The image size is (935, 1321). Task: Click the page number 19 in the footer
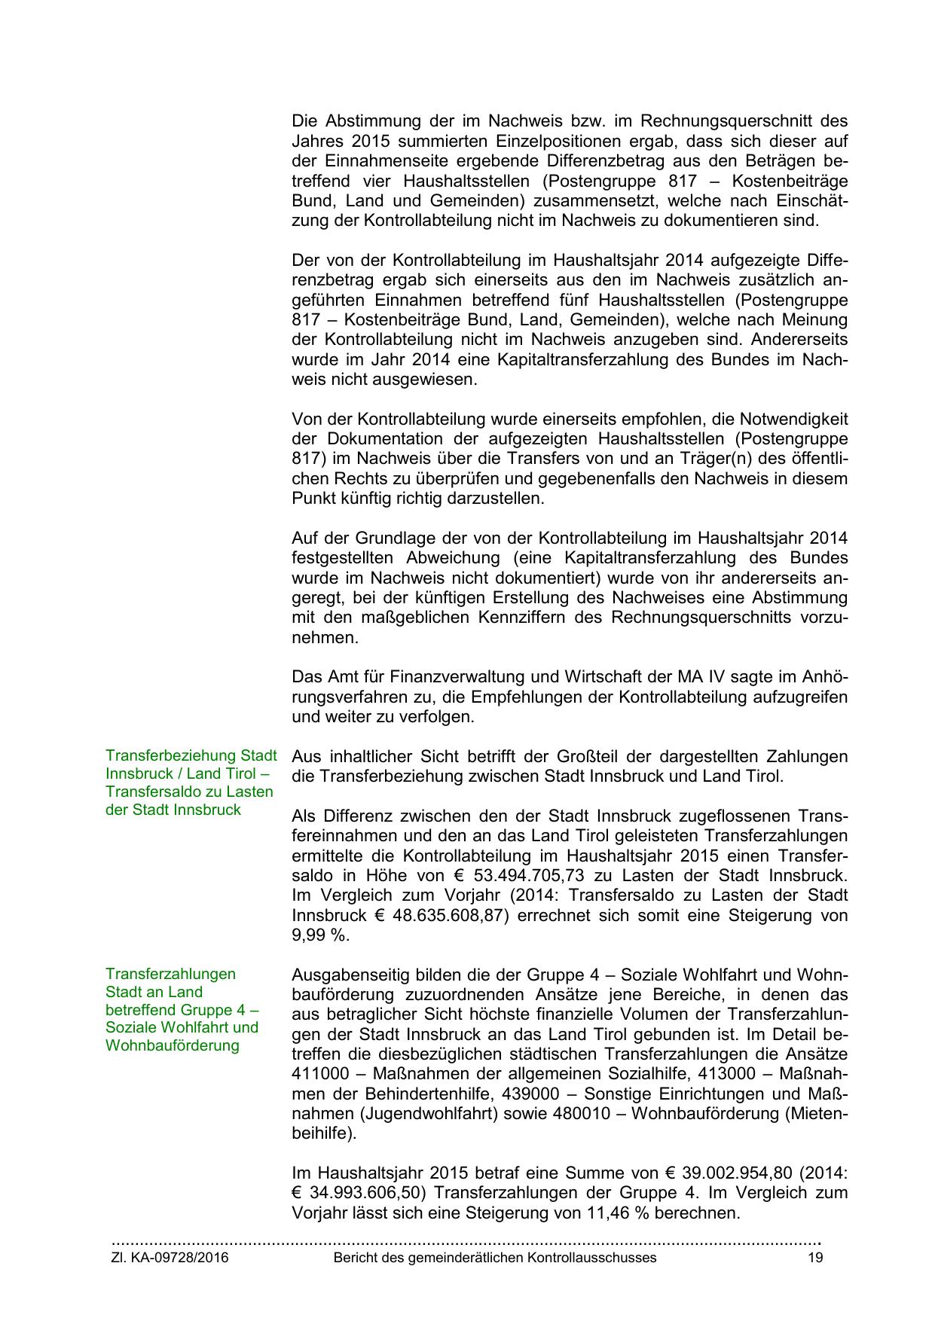[815, 1258]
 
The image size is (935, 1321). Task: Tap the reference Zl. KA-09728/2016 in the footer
[170, 1258]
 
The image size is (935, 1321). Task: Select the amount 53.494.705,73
[535, 876]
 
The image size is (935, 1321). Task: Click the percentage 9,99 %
[321, 935]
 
